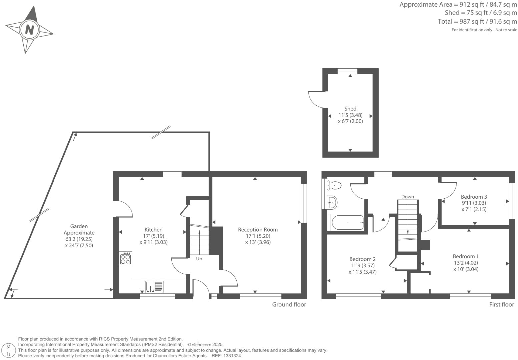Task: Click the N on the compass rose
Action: point(29,30)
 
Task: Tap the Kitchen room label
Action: point(153,230)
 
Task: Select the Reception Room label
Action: point(257,230)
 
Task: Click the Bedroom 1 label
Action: point(466,256)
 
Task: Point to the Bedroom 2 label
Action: point(362,259)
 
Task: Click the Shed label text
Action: point(350,109)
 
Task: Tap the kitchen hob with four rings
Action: point(126,259)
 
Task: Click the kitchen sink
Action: point(154,287)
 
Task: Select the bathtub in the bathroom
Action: point(347,222)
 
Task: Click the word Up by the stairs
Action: point(199,259)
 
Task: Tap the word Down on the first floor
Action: point(407,197)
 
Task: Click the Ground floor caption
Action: point(289,304)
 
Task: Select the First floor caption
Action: point(501,304)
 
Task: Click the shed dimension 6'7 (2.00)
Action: point(350,121)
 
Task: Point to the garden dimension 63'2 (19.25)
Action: point(79,239)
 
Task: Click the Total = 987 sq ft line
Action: point(477,22)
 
